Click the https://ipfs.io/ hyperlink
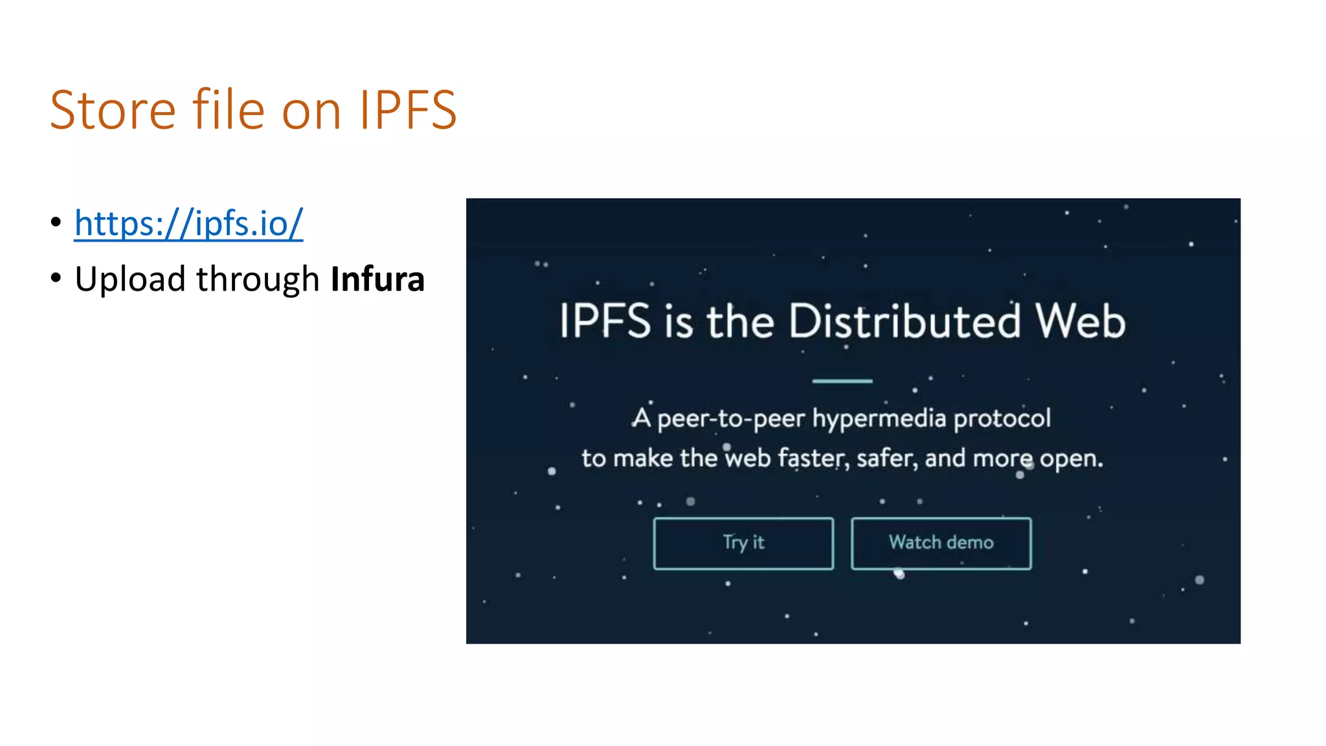(x=188, y=223)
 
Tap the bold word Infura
(x=377, y=279)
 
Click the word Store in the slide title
(x=113, y=110)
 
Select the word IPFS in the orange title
(x=408, y=110)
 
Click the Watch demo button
(x=941, y=543)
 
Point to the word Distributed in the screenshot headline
(x=905, y=321)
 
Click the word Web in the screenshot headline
(x=1080, y=321)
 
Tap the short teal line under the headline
(x=842, y=381)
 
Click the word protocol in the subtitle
(x=1002, y=419)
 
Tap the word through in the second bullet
(x=258, y=280)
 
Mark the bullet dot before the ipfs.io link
(x=56, y=222)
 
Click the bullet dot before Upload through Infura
(x=56, y=278)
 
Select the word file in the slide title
(x=229, y=110)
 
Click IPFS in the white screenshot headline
(x=605, y=321)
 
